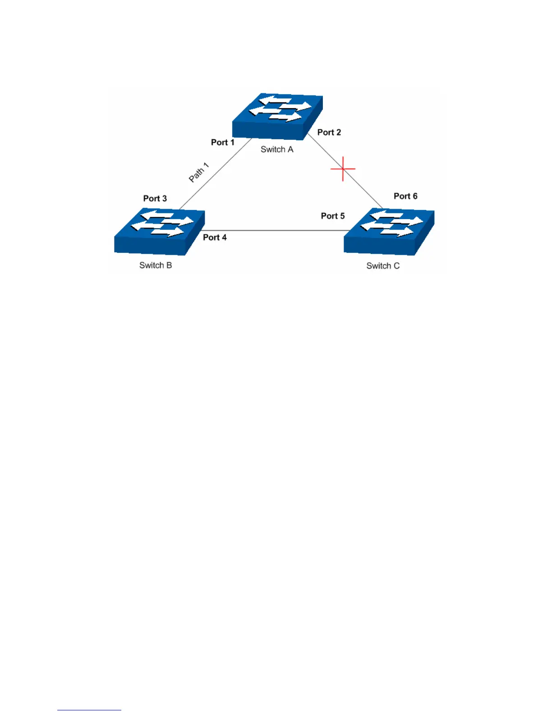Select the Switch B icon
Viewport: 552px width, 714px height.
(x=159, y=231)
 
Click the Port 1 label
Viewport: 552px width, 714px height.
(x=223, y=142)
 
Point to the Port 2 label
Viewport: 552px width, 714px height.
(x=329, y=133)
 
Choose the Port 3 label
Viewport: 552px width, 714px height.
(x=155, y=199)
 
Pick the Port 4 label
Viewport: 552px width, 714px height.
(x=215, y=238)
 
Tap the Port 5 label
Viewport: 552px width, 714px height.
(x=332, y=216)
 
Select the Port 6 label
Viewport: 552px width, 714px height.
(x=405, y=196)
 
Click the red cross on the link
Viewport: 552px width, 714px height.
(x=343, y=169)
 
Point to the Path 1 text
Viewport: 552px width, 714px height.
(x=199, y=173)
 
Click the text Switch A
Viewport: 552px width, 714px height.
(x=277, y=150)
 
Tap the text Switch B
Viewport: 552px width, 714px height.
(x=156, y=265)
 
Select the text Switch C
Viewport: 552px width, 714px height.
(x=383, y=266)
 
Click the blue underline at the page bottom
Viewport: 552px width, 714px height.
(x=89, y=710)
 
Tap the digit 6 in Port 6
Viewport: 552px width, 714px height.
(x=415, y=196)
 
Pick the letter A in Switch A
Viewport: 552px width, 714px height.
(x=290, y=150)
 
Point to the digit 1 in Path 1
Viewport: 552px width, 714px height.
(x=206, y=166)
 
